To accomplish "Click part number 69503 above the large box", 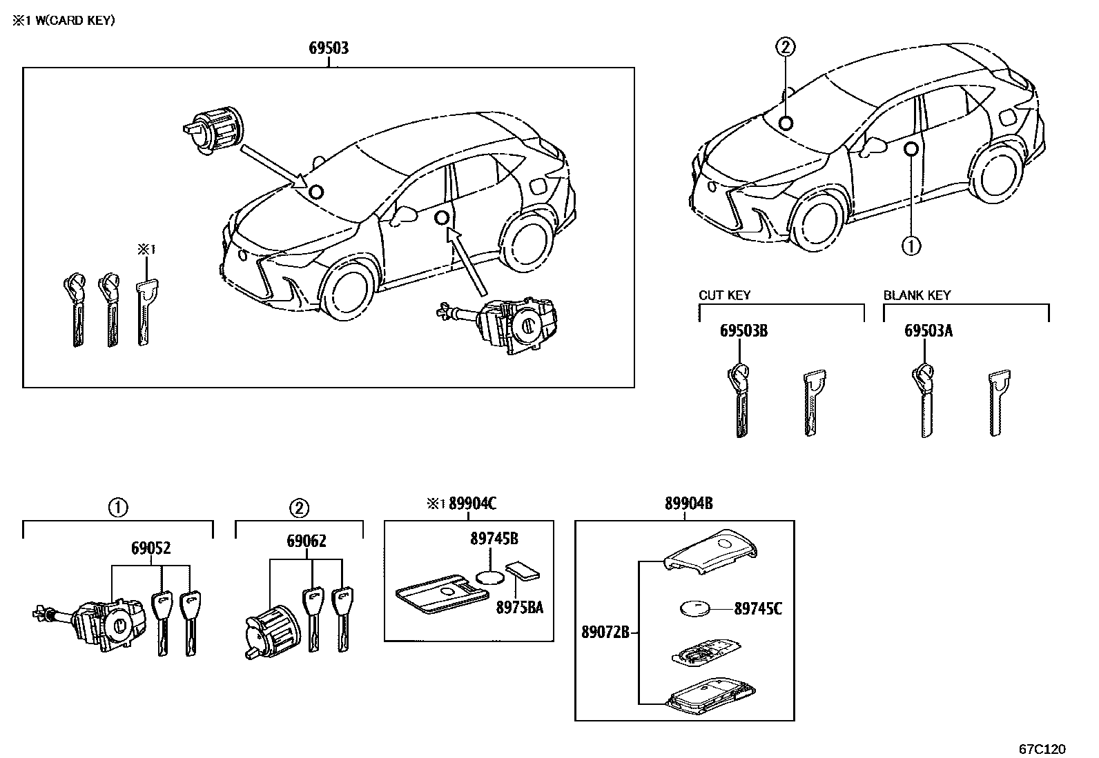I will [x=328, y=48].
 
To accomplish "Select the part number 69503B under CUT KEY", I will [x=743, y=331].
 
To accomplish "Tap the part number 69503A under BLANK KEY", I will [x=928, y=331].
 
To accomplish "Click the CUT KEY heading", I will [x=724, y=295].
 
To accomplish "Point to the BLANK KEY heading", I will [x=917, y=295].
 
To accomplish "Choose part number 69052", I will [x=151, y=549].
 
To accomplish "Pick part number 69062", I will [x=306, y=542].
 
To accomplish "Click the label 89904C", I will [x=472, y=504].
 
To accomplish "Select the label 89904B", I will [x=688, y=504].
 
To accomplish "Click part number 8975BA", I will [x=520, y=608].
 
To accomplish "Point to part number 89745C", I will [x=758, y=609].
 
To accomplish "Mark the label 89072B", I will [x=605, y=632].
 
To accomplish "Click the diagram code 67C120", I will [x=1042, y=748].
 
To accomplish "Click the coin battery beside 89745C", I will [x=696, y=609].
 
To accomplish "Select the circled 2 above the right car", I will [x=786, y=47].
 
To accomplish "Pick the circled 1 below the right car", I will [x=911, y=245].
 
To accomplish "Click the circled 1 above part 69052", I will [x=118, y=509].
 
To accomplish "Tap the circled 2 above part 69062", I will [x=299, y=509].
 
